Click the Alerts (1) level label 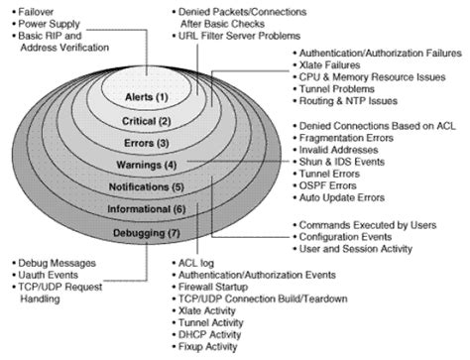[x=148, y=97]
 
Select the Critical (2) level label [x=148, y=120]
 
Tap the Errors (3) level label [x=148, y=143]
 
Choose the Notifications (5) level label [x=148, y=185]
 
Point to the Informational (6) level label [x=148, y=209]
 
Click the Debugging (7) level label [x=148, y=233]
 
